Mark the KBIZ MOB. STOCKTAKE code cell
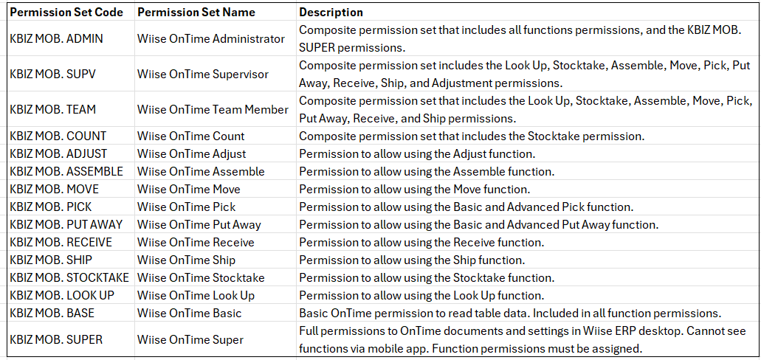(x=69, y=277)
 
